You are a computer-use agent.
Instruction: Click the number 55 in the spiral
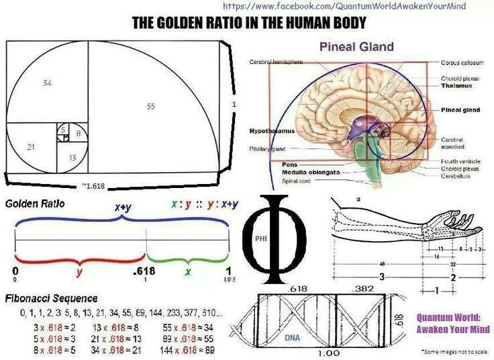coord(150,107)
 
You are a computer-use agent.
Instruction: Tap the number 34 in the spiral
coord(46,83)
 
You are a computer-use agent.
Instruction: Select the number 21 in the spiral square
coord(31,146)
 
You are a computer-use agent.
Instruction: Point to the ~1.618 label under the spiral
coord(93,185)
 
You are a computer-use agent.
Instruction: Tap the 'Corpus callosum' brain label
coord(461,62)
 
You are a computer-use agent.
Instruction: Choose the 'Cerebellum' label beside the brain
coord(457,177)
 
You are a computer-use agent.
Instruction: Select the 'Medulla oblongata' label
coord(301,173)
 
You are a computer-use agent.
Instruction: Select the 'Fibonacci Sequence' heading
coord(51,298)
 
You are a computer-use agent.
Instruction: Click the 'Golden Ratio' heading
coord(35,203)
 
